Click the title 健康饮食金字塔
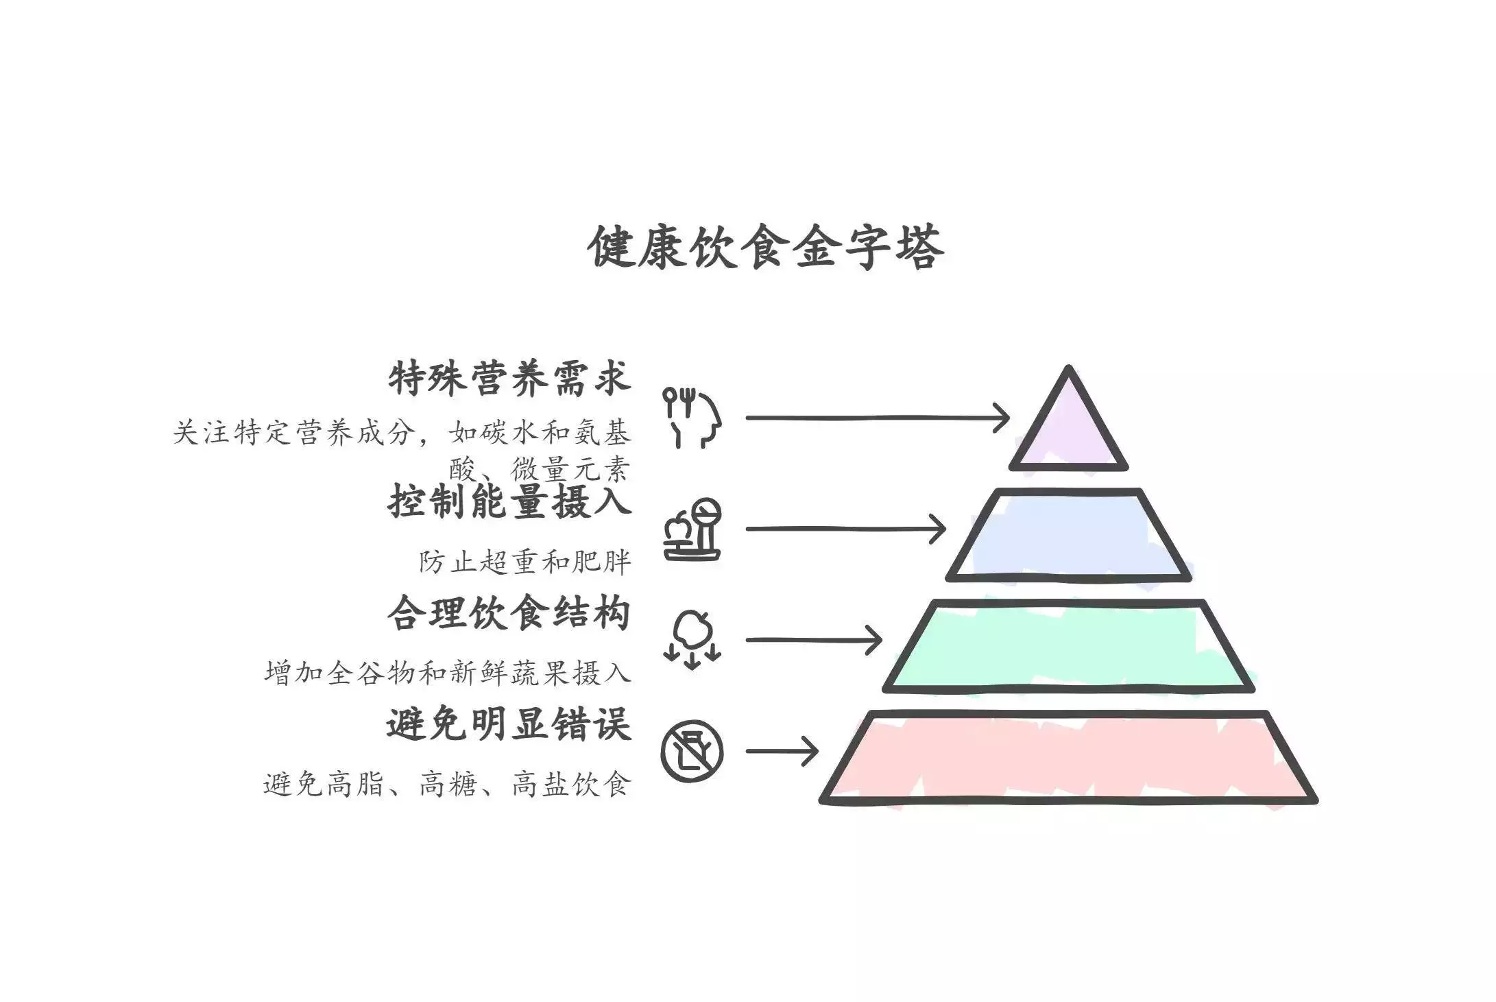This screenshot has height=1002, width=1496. click(x=766, y=247)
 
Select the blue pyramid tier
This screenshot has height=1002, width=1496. click(x=1068, y=535)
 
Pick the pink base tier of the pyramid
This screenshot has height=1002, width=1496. click(x=1068, y=757)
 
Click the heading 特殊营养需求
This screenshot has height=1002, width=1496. click(x=509, y=379)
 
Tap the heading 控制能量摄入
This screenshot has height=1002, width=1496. click(x=509, y=501)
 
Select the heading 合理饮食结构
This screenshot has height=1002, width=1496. click(x=509, y=612)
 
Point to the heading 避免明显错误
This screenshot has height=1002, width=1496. click(x=509, y=724)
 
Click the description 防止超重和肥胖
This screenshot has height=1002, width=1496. click(x=524, y=562)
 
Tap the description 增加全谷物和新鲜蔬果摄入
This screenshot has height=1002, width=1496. click(x=448, y=673)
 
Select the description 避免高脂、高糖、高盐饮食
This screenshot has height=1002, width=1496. click(x=447, y=784)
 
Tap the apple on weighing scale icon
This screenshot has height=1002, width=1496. click(x=692, y=529)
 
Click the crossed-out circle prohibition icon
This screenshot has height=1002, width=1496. click(x=692, y=751)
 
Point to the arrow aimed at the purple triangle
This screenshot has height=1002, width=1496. click(x=878, y=417)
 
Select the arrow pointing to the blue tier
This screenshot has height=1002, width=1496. click(x=846, y=529)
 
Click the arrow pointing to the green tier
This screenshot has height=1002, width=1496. click(x=815, y=640)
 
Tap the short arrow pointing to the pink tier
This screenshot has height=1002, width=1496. click(x=782, y=751)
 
